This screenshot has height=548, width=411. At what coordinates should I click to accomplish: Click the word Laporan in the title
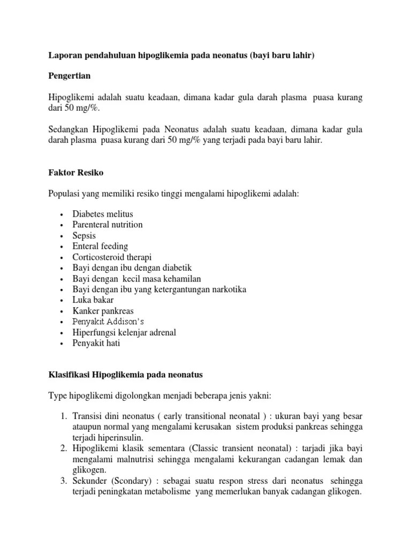[65, 56]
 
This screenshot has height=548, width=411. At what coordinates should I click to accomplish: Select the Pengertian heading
[68, 77]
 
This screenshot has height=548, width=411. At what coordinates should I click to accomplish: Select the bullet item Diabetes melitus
[103, 214]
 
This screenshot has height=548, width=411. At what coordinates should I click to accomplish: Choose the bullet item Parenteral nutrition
[108, 225]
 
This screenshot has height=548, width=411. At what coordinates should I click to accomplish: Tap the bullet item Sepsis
[84, 235]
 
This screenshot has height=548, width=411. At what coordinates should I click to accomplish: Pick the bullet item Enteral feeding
[100, 246]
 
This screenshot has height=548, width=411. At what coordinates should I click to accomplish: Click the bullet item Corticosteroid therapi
[112, 257]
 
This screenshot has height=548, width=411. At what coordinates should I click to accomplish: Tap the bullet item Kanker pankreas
[103, 311]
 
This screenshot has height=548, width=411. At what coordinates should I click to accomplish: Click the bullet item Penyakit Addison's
[108, 322]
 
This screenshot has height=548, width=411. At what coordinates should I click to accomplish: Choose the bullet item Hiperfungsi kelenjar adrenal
[124, 332]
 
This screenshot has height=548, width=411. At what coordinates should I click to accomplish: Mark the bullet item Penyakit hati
[96, 343]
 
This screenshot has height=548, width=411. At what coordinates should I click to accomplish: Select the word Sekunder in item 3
[89, 480]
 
